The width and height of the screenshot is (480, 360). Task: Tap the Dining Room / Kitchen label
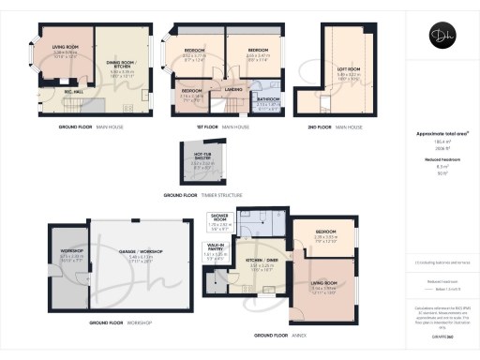[122, 65]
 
